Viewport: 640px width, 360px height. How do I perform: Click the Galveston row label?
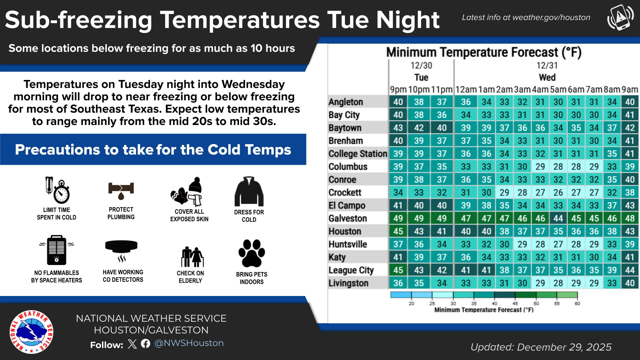(348, 218)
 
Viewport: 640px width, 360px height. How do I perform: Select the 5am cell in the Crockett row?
(558, 193)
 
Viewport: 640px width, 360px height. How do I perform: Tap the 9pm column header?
(398, 90)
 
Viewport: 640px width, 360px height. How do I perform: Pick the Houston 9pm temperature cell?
(398, 231)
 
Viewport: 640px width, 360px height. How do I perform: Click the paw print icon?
(252, 253)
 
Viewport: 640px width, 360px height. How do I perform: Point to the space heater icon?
(57, 250)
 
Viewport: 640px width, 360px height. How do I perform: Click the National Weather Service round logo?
(31, 332)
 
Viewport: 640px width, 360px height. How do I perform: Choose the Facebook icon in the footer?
(146, 343)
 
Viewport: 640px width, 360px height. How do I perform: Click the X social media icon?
(132, 344)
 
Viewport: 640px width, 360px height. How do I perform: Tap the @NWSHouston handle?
(189, 343)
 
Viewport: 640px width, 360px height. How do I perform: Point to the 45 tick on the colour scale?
(515, 303)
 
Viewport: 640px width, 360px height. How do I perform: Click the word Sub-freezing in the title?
(79, 20)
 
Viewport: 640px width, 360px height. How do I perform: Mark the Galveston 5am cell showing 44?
(558, 218)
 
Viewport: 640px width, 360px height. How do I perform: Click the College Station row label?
(358, 154)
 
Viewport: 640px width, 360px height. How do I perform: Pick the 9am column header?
(630, 90)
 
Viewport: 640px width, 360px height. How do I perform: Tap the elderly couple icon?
(192, 257)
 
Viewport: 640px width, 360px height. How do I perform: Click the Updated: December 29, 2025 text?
(541, 347)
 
